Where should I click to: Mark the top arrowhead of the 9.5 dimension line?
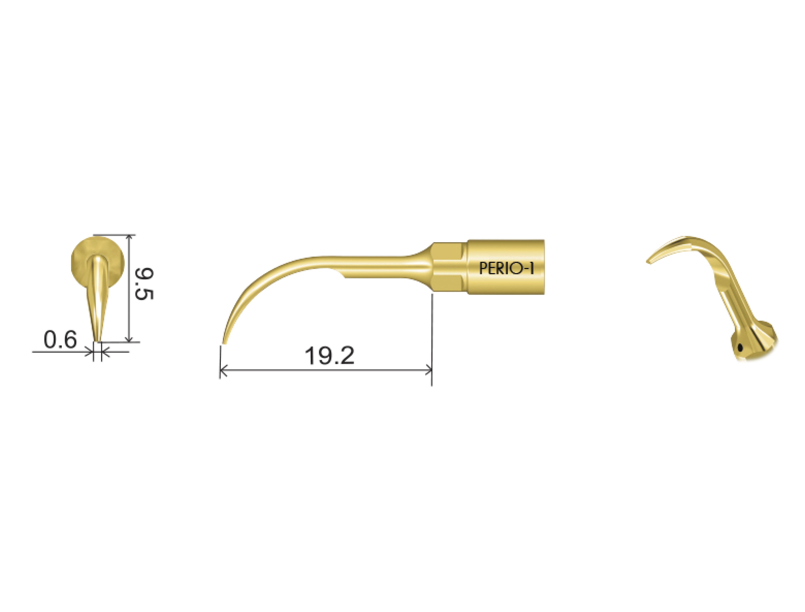click(129, 237)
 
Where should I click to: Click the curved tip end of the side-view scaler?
click(224, 342)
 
